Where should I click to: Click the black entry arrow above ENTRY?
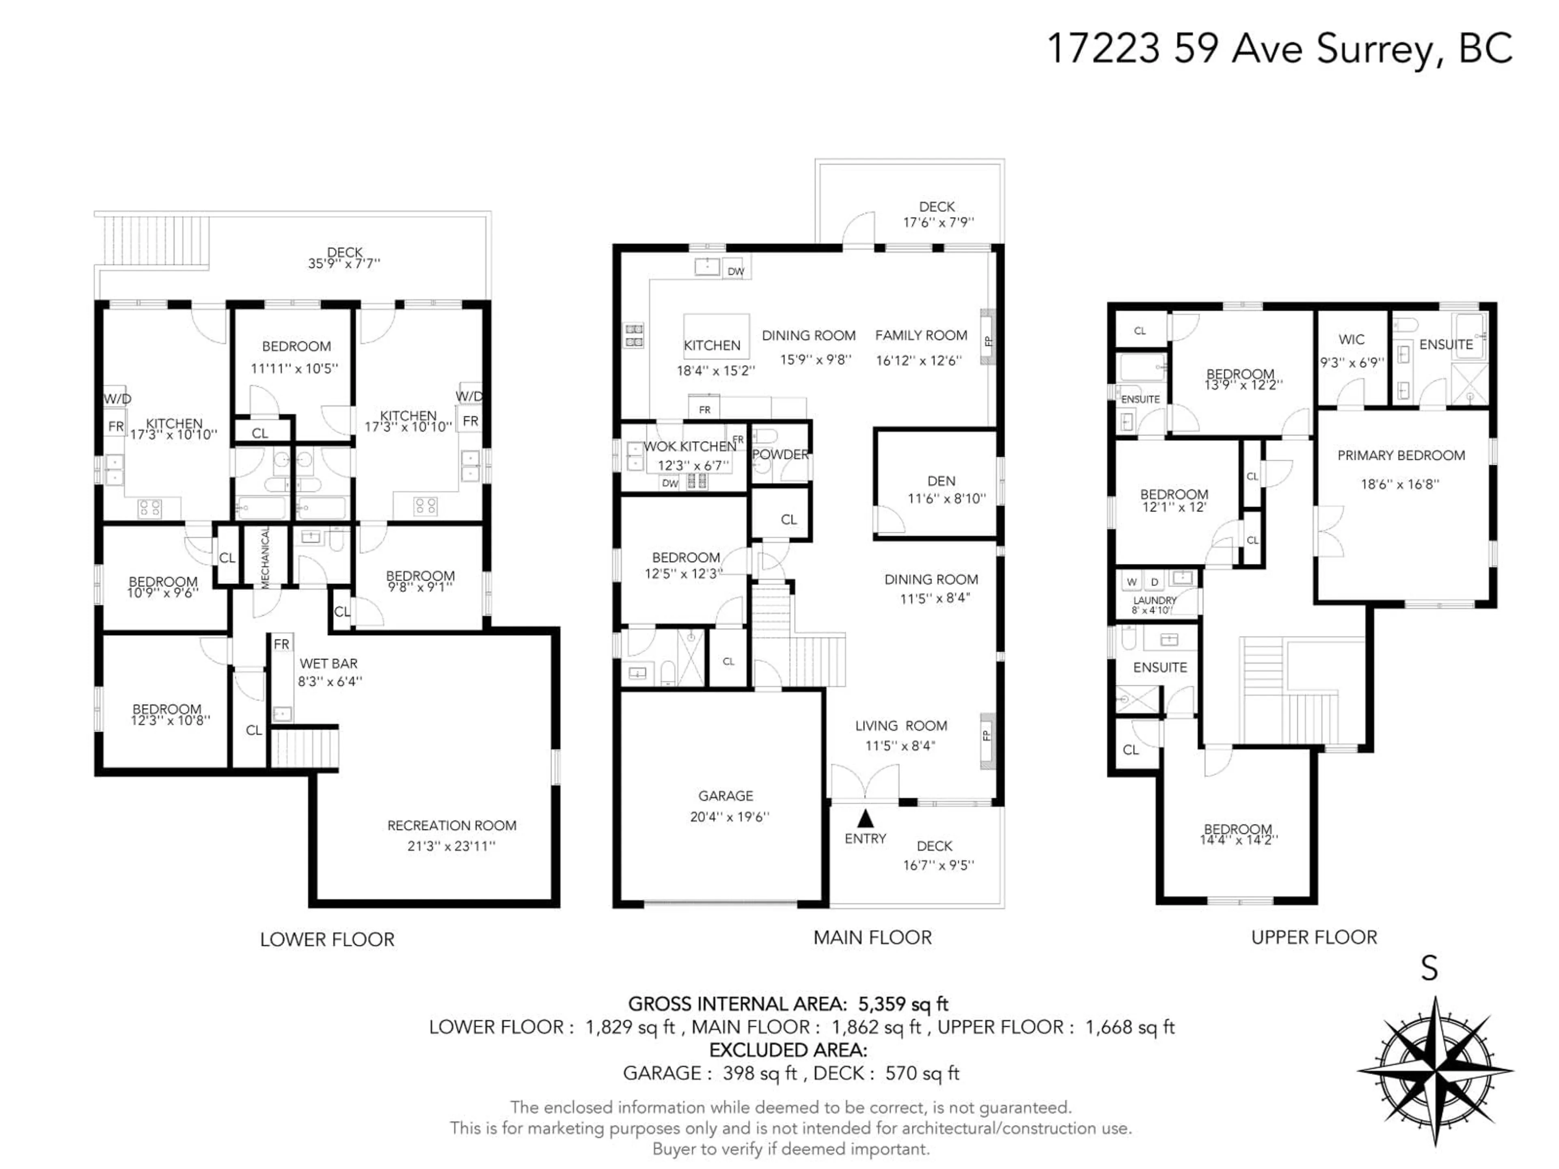[866, 818]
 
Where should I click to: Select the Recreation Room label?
[452, 825]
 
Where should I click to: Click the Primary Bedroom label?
[1401, 455]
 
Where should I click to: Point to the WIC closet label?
[1351, 340]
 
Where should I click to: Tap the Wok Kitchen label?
[690, 446]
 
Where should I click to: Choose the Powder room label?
[780, 455]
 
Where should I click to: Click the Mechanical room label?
[266, 558]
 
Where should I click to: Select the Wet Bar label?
[328, 663]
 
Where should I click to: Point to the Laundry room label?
[1155, 600]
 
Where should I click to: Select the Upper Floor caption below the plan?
[1314, 937]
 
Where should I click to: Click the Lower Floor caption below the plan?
[327, 939]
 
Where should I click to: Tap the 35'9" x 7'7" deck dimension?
[344, 263]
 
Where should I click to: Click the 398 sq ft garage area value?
[760, 1073]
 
